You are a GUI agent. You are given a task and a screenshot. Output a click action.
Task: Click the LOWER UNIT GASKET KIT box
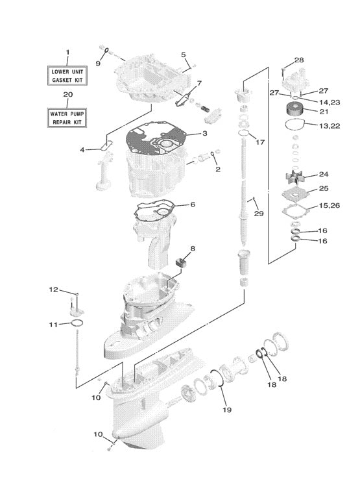coord(68,75)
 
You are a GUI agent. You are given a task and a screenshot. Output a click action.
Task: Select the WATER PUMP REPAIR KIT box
coord(68,117)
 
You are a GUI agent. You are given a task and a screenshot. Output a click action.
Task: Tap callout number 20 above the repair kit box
coord(68,95)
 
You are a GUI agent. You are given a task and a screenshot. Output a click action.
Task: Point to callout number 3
coord(204,134)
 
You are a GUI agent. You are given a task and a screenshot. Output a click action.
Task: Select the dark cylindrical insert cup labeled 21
coord(295,110)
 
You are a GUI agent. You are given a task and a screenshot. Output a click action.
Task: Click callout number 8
coord(192,248)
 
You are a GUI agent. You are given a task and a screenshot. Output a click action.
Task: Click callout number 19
coord(226,410)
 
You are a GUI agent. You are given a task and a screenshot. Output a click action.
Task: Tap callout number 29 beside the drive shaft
coord(259,214)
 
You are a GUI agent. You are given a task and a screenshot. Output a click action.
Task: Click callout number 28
coord(298,60)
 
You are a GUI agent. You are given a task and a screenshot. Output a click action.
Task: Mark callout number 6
coord(192,205)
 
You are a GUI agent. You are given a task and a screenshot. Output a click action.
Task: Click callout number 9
coord(98,63)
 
